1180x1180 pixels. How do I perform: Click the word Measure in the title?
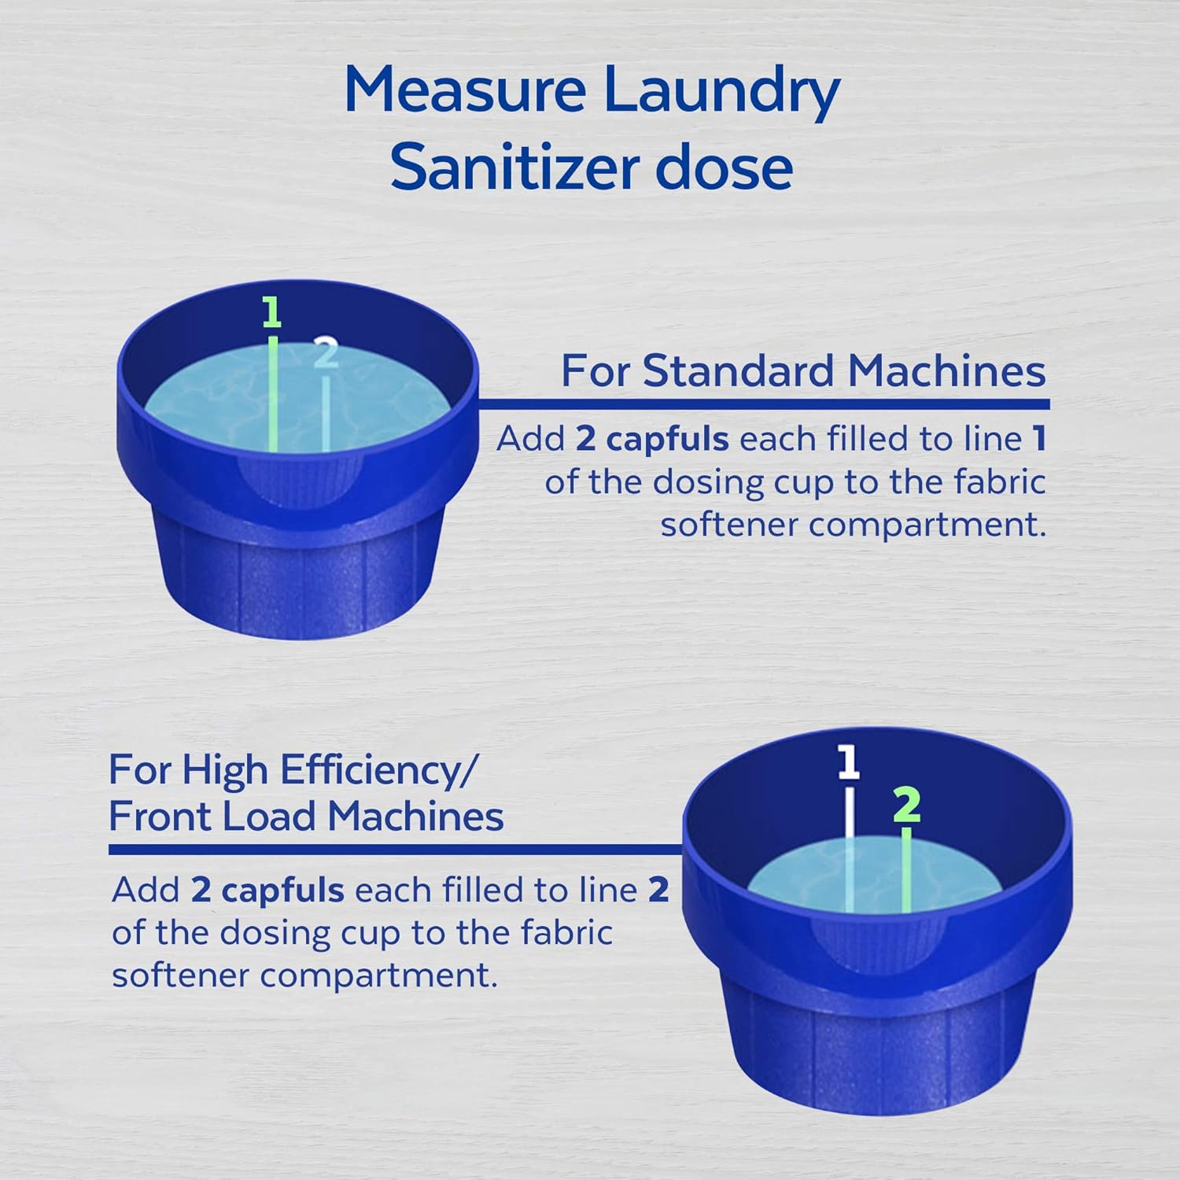464,90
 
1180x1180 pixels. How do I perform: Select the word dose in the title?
724,168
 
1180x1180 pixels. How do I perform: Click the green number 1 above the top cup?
271,313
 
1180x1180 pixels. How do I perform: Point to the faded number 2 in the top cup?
325,353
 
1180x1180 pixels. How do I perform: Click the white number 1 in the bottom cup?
847,762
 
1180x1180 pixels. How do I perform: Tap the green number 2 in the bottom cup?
907,805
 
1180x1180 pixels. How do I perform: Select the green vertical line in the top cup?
272,393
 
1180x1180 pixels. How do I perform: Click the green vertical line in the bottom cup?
906,869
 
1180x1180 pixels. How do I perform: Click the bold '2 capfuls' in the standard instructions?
651,439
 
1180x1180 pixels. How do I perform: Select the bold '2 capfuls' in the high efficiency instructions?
267,891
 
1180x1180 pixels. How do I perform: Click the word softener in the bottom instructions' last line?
179,975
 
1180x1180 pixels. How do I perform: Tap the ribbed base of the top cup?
299,566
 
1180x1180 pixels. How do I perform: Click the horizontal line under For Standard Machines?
763,404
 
